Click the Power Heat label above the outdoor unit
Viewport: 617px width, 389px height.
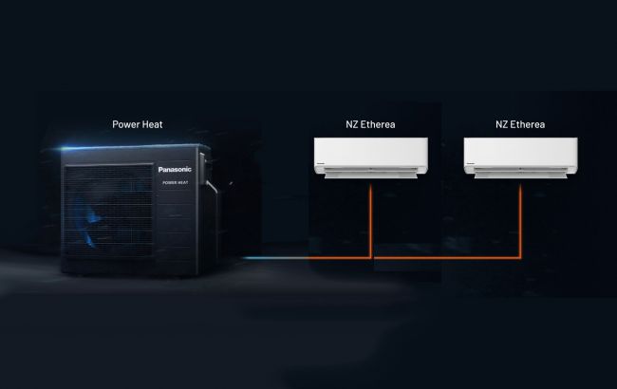tap(138, 124)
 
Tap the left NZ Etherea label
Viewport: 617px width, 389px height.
tap(370, 124)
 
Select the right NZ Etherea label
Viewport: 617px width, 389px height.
tap(520, 124)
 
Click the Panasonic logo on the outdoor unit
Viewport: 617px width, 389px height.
tap(175, 170)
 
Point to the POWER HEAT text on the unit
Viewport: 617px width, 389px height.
tap(176, 182)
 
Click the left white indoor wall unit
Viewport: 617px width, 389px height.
tap(370, 157)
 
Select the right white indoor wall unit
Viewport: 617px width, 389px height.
tap(520, 157)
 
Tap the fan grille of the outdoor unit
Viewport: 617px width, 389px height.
tap(108, 211)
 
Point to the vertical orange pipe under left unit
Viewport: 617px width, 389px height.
tap(370, 219)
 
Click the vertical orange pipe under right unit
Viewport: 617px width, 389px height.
tap(520, 219)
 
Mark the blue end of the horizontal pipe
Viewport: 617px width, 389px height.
tap(245, 258)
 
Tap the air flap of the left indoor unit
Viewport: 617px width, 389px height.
tap(370, 173)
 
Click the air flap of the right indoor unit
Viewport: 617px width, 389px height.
tap(520, 173)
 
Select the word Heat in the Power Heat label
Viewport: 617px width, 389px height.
tap(152, 124)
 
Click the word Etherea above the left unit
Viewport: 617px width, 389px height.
tap(378, 124)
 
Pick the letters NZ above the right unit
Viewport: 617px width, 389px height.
tap(501, 124)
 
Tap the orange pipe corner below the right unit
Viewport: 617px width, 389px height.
tap(520, 258)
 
